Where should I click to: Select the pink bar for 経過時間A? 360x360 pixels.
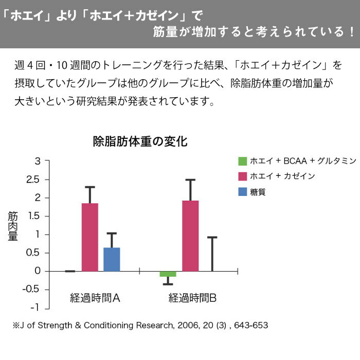[89, 237]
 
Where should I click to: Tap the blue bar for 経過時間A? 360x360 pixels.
[112, 259]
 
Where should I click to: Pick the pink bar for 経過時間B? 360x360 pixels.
[190, 236]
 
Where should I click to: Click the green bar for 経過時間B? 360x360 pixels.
[168, 274]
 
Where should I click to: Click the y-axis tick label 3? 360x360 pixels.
[37, 161]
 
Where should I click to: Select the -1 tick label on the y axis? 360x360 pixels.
[35, 308]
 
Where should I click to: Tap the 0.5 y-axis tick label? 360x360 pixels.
[33, 253]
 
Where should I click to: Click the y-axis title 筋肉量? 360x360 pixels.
[13, 227]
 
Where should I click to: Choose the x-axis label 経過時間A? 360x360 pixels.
[95, 298]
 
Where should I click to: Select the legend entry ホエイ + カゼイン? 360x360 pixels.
[282, 176]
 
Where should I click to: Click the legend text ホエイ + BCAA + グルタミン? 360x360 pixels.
[302, 161]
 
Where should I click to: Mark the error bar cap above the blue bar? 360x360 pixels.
[112, 233]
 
